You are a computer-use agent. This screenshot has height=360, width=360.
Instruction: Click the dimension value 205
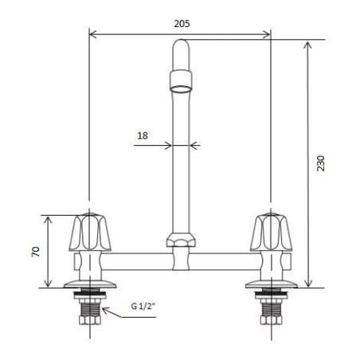point(181,23)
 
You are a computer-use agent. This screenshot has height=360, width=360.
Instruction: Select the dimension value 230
point(322,162)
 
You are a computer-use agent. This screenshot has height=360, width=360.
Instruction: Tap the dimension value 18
point(143,135)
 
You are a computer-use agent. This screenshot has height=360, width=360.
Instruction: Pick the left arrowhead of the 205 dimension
point(92,34)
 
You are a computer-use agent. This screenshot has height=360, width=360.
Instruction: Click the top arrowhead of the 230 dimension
point(307,44)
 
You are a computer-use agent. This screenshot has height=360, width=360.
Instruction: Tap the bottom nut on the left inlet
point(88,325)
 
